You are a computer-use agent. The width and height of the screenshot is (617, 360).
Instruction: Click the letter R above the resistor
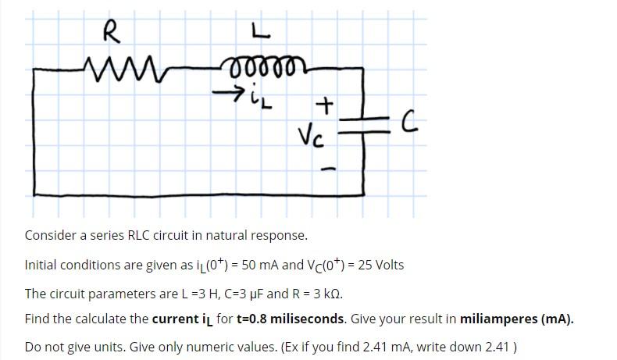(111, 34)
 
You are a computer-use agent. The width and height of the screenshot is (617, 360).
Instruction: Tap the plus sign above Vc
(325, 104)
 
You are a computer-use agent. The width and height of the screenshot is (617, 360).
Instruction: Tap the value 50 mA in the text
(255, 265)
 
